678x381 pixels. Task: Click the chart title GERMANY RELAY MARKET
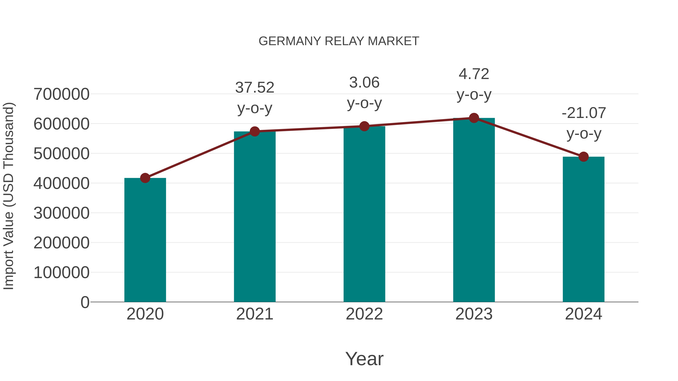click(339, 41)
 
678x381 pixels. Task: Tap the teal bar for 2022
click(364, 214)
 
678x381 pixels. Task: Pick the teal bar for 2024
click(583, 229)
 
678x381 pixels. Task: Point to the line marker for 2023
click(474, 118)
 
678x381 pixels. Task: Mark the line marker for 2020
click(145, 178)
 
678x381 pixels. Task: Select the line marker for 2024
click(583, 157)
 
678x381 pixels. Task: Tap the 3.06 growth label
click(364, 83)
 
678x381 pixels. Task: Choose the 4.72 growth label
click(474, 74)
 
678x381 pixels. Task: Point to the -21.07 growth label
click(583, 113)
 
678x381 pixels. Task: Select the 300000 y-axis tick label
click(62, 213)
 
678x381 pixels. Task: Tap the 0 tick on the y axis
click(85, 302)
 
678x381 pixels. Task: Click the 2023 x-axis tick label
click(474, 314)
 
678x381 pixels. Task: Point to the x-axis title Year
click(364, 359)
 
